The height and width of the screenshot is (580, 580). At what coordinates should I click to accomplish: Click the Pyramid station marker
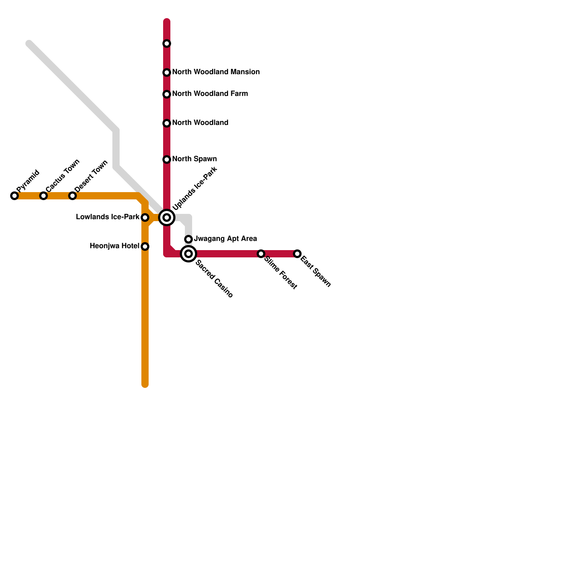[14, 196]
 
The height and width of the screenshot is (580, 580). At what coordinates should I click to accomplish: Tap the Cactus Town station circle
[43, 196]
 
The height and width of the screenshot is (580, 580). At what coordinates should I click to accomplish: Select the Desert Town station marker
[72, 196]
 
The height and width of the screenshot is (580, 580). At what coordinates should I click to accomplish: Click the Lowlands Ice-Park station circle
[145, 217]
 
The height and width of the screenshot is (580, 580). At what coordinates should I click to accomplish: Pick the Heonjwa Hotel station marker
[145, 246]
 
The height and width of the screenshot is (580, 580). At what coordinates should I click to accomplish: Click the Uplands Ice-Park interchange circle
[167, 217]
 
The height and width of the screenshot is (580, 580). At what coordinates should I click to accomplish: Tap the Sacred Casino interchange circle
[188, 254]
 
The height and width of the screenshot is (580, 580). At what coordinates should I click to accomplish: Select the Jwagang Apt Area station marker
[188, 239]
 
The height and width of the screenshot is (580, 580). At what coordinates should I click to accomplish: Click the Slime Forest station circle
[261, 254]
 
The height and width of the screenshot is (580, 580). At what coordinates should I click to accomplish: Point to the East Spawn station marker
[297, 254]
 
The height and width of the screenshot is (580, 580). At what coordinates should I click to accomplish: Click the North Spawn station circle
[167, 159]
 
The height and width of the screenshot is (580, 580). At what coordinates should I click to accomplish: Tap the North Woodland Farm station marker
[167, 94]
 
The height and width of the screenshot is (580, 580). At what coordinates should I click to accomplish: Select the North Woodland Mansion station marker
[167, 72]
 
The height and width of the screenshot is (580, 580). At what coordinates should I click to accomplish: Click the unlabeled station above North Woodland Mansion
[167, 43]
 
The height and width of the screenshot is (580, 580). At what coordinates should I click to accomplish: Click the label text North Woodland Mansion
[216, 72]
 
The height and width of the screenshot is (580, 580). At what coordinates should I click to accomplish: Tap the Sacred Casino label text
[214, 279]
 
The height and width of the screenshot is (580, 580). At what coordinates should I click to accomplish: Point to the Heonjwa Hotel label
[114, 246]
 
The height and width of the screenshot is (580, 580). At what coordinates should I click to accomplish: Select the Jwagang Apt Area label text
[225, 239]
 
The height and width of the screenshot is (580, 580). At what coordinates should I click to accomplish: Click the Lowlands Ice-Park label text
[107, 217]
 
